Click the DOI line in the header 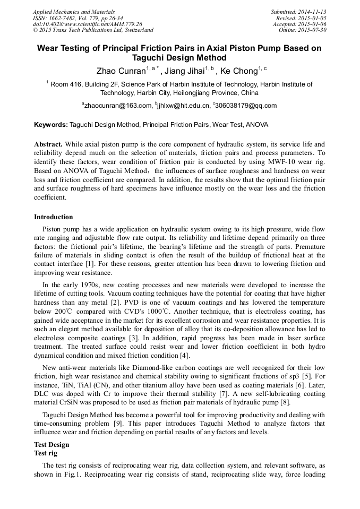tap(88, 24)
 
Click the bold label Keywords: tap(51, 125)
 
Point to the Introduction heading tap(53, 217)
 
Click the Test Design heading tap(52, 444)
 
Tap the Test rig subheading tap(46, 454)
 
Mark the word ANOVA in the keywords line tap(258, 125)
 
